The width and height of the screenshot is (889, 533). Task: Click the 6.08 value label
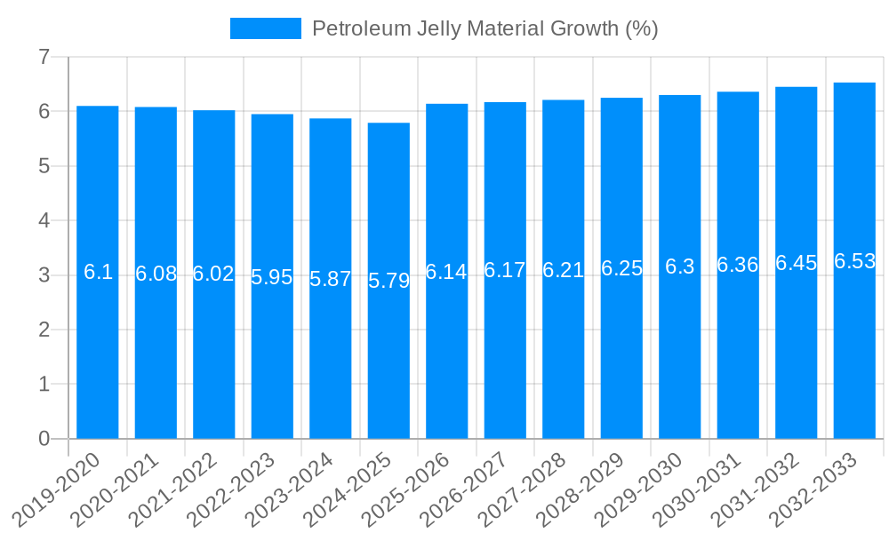coord(156,274)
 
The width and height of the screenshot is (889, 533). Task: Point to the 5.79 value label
coord(388,282)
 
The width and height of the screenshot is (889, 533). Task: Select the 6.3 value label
coord(680,267)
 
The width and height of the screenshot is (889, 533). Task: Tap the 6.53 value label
coord(854,262)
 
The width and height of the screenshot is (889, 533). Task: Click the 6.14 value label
coord(446,273)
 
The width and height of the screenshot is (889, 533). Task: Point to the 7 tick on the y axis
coord(44,58)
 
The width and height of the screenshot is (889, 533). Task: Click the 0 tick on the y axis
coord(44,439)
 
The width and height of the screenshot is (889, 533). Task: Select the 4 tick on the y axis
coord(44,221)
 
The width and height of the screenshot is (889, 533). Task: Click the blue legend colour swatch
coord(265,28)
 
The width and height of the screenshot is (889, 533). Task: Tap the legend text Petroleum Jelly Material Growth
coord(485,28)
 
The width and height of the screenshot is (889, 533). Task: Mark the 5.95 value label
coord(272,278)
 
